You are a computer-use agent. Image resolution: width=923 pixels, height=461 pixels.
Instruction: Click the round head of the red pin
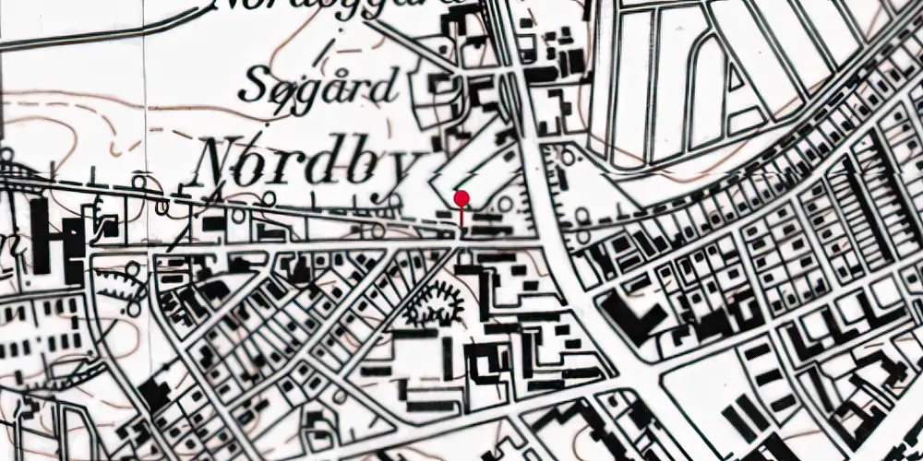click(x=461, y=198)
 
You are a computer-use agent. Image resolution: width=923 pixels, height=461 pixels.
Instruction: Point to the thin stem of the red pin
click(x=461, y=215)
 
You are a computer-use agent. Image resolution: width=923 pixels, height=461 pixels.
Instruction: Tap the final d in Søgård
click(x=386, y=87)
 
